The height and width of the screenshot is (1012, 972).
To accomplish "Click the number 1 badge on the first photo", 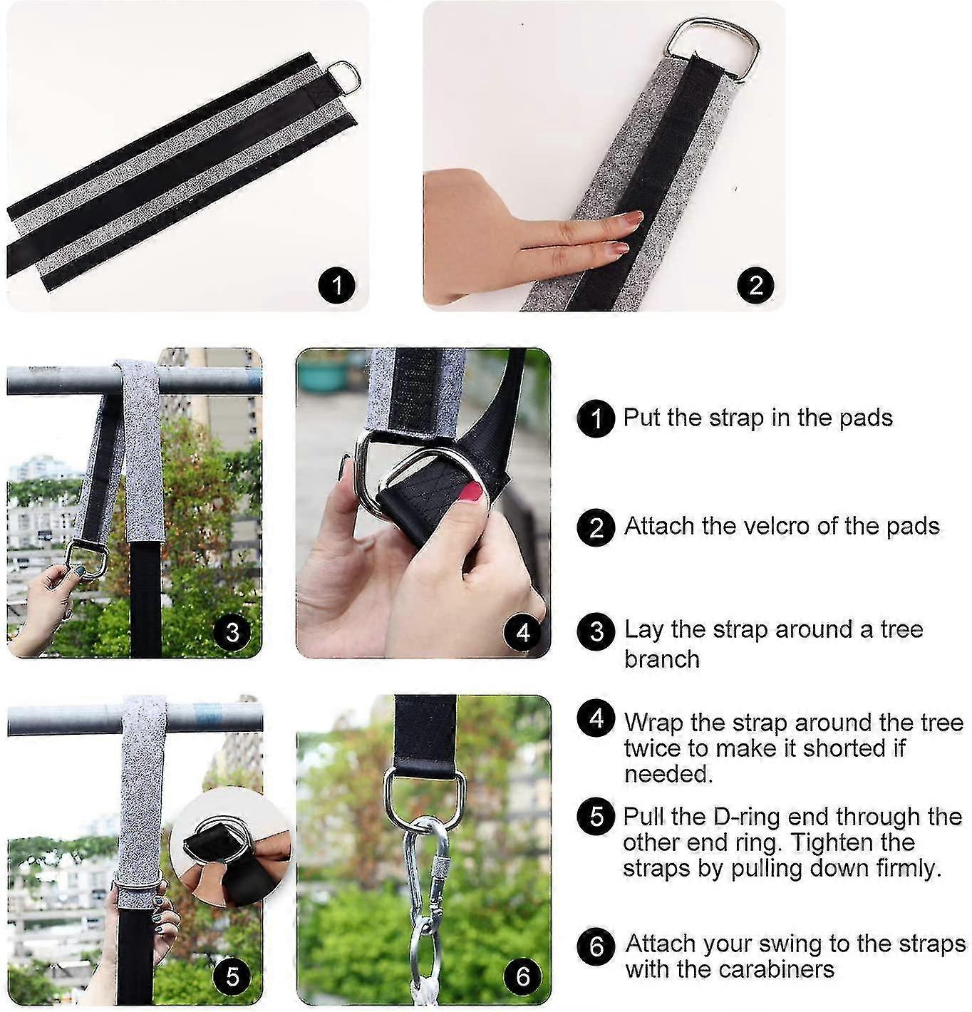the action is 337,285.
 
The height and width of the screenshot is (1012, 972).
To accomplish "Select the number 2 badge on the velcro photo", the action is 755,285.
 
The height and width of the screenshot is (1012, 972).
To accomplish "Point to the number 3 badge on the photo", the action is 232,632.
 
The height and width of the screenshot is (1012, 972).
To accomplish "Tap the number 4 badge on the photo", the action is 522,632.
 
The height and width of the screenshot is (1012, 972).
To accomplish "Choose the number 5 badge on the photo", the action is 232,976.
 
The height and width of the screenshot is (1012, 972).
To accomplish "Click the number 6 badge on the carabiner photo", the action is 522,976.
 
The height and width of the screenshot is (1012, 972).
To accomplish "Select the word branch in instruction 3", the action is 662,659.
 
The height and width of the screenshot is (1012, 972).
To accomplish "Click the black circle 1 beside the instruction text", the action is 596,418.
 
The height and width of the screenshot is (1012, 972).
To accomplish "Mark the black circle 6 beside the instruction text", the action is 596,946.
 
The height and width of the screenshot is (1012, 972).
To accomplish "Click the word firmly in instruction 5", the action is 909,868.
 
